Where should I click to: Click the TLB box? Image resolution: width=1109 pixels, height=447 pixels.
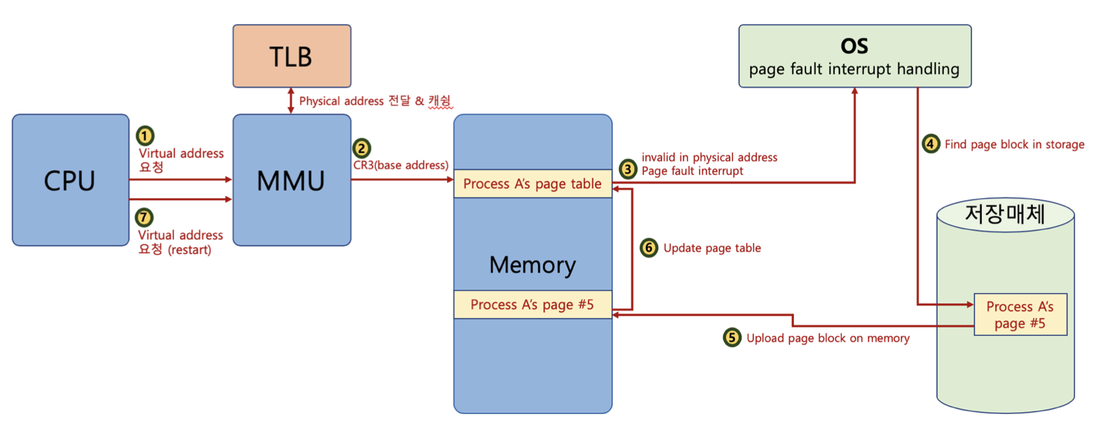coord(292,56)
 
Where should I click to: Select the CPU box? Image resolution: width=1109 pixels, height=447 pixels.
coord(70,180)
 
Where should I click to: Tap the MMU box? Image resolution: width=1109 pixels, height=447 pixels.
coord(292,180)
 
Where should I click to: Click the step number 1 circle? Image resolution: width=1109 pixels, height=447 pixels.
coord(145,136)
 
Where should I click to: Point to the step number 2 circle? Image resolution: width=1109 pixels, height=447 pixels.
coord(361,148)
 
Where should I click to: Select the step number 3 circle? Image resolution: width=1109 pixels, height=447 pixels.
coord(628,169)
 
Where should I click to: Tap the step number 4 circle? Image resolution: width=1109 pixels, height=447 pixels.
coord(931,143)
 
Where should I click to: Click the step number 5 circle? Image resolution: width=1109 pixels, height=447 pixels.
coord(732,338)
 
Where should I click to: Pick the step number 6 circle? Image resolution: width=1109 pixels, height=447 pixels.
coord(648,248)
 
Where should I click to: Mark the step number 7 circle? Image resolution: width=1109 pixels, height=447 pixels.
coord(144,218)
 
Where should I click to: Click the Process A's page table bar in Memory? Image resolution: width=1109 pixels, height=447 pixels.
coord(533,183)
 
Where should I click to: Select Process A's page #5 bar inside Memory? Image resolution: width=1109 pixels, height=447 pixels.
coord(533,304)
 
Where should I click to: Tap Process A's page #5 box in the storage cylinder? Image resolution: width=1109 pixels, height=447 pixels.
coord(1020,315)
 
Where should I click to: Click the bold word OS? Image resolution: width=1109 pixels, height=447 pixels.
coord(854,46)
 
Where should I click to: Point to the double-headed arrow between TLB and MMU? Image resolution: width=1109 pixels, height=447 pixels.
coord(291,101)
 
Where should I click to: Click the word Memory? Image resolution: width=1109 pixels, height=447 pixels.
coord(533,265)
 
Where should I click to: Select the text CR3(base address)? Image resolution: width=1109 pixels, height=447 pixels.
coord(401,165)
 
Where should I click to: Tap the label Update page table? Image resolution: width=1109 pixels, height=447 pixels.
coord(712,248)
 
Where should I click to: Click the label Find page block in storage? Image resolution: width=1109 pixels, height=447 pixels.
coord(1014,144)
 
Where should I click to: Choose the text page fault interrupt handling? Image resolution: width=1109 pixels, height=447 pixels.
coord(854,69)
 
